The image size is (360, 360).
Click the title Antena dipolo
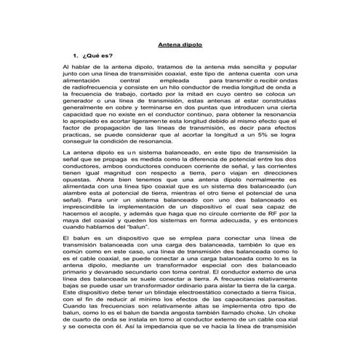[x=180, y=44]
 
